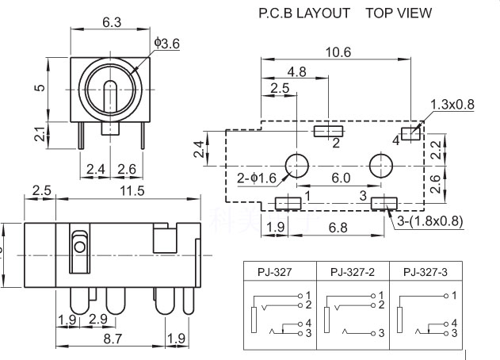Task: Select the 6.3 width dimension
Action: tap(111, 23)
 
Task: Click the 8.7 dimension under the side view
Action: tap(113, 339)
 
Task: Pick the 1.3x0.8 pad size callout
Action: tap(452, 104)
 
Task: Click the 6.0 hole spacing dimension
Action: tap(341, 178)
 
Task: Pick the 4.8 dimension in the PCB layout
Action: tap(296, 71)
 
